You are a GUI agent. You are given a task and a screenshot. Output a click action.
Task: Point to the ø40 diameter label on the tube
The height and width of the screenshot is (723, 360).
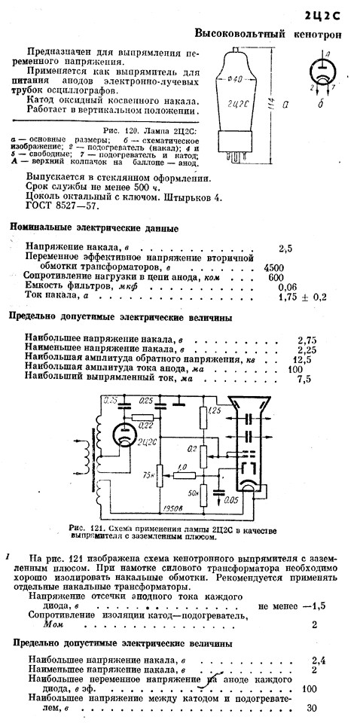coord(236,78)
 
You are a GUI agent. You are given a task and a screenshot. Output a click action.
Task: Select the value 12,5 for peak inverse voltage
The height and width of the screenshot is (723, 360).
coord(302,360)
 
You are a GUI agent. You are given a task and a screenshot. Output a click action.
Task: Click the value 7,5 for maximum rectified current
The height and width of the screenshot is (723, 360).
coord(304,379)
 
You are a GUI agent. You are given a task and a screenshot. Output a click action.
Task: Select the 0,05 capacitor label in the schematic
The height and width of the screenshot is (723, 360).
coord(231,499)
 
